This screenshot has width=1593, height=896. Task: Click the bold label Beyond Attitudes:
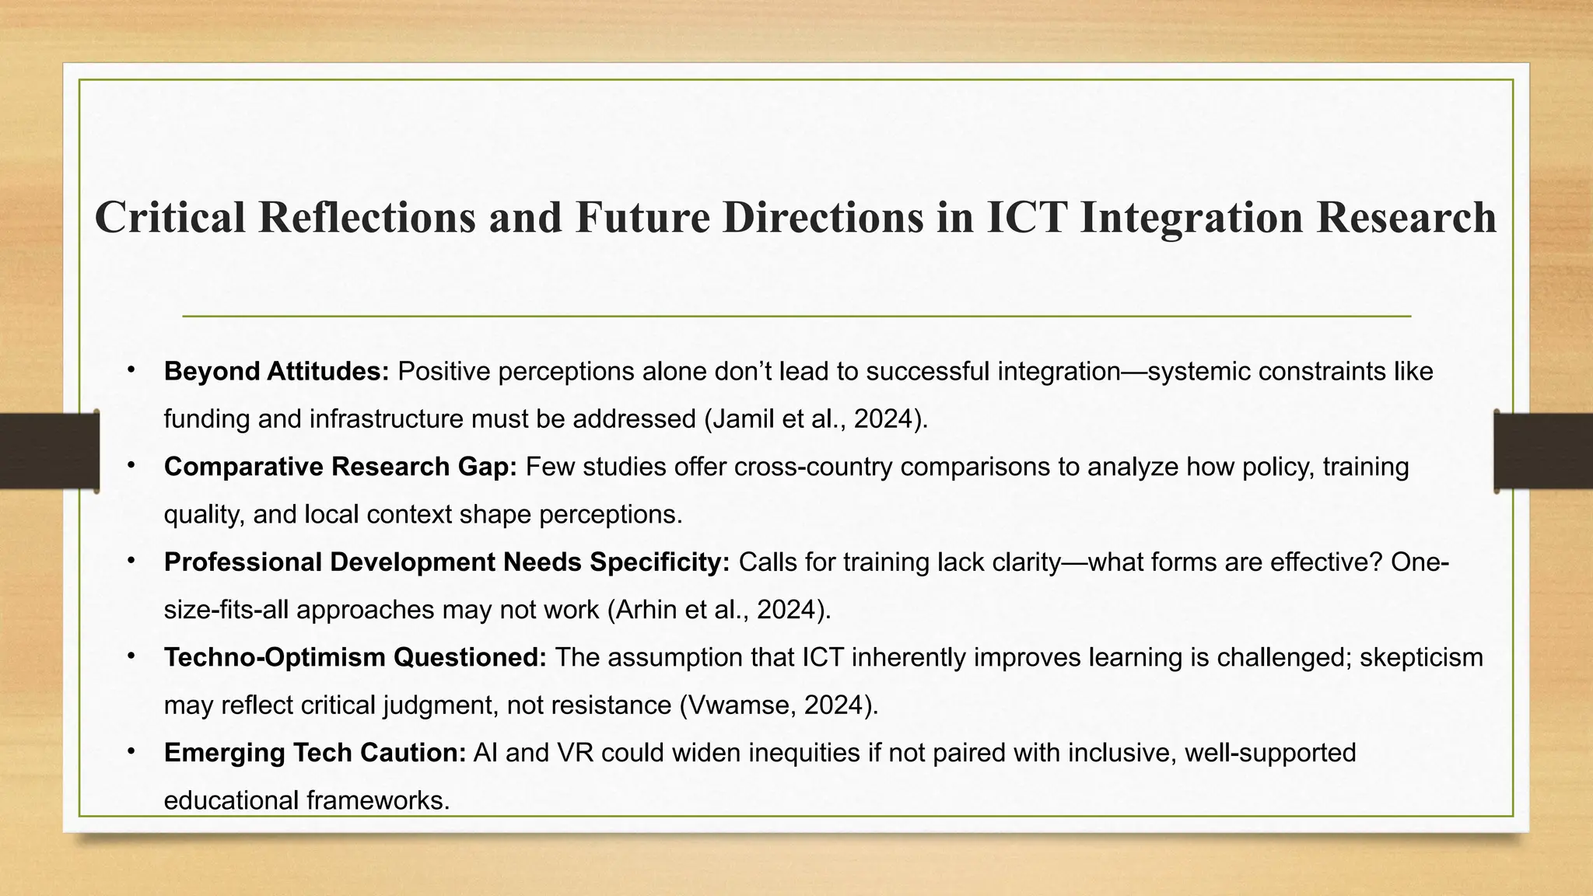point(276,372)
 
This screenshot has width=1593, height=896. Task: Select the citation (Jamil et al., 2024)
point(816,419)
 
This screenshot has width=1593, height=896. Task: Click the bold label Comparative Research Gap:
point(340,467)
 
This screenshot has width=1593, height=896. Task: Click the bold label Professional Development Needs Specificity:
point(446,562)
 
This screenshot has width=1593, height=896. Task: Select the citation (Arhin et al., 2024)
point(719,610)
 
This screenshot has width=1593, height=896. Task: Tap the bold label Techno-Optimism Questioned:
point(355,658)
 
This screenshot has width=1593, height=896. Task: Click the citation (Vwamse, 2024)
point(779,705)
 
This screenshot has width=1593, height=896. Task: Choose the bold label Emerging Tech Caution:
point(314,753)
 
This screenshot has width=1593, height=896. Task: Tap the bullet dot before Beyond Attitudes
point(131,369)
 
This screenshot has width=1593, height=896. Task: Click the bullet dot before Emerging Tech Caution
point(131,751)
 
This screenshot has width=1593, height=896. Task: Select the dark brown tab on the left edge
point(48,451)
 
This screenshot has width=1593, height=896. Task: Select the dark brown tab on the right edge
point(1543,451)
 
